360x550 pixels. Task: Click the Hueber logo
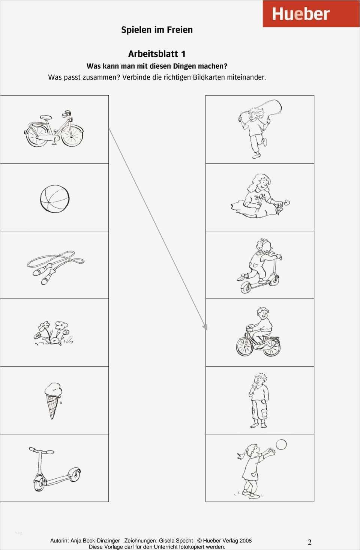point(311,14)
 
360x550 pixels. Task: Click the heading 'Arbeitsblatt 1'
point(157,54)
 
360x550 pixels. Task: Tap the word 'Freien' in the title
point(180,30)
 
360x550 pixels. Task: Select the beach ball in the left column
point(55,198)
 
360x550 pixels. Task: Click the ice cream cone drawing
point(53,400)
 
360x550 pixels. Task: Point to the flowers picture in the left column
point(53,333)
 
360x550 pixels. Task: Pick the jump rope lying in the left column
point(55,267)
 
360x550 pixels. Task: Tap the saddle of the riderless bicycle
point(46,117)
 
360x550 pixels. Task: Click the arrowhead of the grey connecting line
point(205,327)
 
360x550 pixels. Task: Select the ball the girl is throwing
point(281,445)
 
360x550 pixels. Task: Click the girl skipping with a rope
point(259,129)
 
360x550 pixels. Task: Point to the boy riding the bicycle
point(258,332)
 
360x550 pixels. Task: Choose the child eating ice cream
point(259,400)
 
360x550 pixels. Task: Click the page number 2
point(309,542)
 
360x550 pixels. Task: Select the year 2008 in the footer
point(246,540)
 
